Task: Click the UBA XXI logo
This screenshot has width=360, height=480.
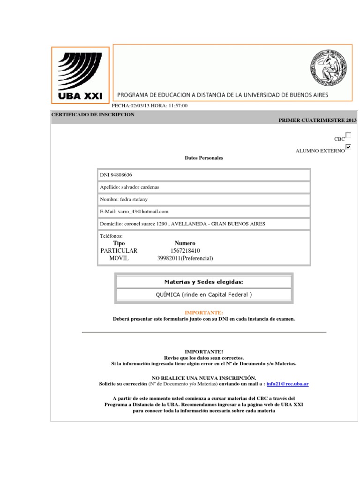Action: pyautogui.click(x=80, y=75)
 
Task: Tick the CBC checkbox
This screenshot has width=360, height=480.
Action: pyautogui.click(x=348, y=135)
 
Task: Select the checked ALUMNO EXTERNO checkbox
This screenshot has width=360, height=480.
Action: pyautogui.click(x=348, y=147)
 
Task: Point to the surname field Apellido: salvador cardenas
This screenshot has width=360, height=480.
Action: pyautogui.click(x=130, y=187)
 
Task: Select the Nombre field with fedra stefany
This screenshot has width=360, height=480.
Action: pyautogui.click(x=124, y=199)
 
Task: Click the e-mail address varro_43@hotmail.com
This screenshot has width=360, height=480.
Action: pyautogui.click(x=144, y=211)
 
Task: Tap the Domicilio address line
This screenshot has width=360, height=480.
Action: pyautogui.click(x=182, y=224)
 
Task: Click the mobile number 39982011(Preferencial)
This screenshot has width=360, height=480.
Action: pyautogui.click(x=185, y=258)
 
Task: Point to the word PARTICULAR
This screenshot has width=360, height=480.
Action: pyautogui.click(x=119, y=251)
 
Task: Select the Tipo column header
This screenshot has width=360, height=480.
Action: pyautogui.click(x=119, y=243)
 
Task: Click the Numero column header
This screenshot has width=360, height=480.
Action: pyautogui.click(x=185, y=243)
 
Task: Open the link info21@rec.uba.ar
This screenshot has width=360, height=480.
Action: pyautogui.click(x=287, y=384)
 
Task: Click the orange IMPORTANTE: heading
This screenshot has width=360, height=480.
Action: pyautogui.click(x=204, y=312)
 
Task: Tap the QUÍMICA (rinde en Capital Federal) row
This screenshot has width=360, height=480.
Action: pyautogui.click(x=204, y=295)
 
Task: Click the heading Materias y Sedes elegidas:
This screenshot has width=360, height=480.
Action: pyautogui.click(x=204, y=282)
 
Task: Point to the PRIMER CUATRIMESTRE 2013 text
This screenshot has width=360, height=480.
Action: pyautogui.click(x=317, y=120)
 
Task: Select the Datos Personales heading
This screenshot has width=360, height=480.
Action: pyautogui.click(x=204, y=158)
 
